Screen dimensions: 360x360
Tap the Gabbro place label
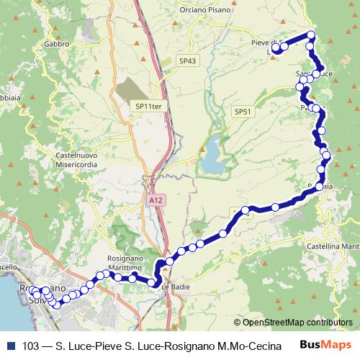point(56,43)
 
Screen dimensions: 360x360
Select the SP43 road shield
point(187,61)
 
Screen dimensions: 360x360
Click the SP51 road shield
point(242,112)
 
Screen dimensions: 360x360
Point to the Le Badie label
point(175,287)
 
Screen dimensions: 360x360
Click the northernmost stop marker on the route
point(311,35)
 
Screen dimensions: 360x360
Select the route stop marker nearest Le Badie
point(153,283)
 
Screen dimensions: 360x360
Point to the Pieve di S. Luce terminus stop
point(275,51)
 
